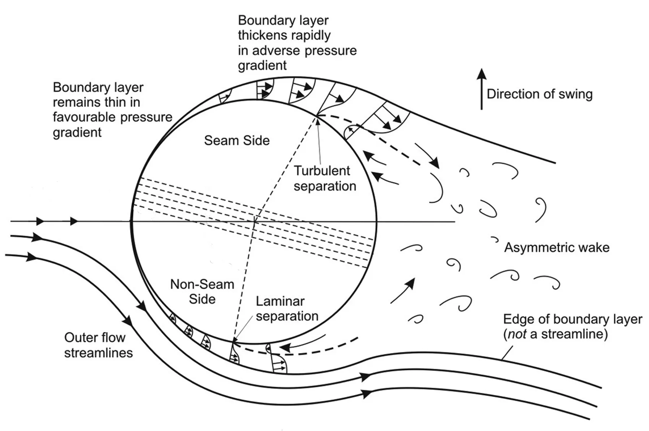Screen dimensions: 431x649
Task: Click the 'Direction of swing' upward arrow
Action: (x=482, y=89)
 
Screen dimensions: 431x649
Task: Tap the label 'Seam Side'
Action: (x=237, y=141)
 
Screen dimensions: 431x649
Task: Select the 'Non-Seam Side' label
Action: (x=202, y=292)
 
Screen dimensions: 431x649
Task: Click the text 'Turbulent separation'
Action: (x=324, y=178)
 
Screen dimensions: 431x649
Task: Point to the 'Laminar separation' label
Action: (x=287, y=309)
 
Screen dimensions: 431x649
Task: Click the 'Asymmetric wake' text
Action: (x=557, y=248)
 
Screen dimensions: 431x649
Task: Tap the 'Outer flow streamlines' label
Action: (x=98, y=345)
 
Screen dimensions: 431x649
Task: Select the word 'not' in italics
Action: (x=516, y=334)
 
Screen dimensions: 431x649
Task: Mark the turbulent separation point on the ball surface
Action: (x=317, y=115)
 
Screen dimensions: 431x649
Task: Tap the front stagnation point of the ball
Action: (x=131, y=222)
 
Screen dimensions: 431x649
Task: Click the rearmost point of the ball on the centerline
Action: (x=377, y=222)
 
